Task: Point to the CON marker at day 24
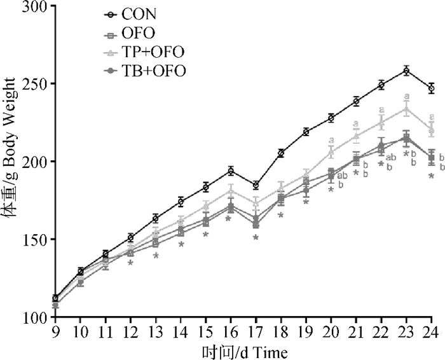click(431, 88)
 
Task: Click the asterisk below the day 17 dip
click(256, 238)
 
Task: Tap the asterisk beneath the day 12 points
click(130, 263)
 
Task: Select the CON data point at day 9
click(55, 298)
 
